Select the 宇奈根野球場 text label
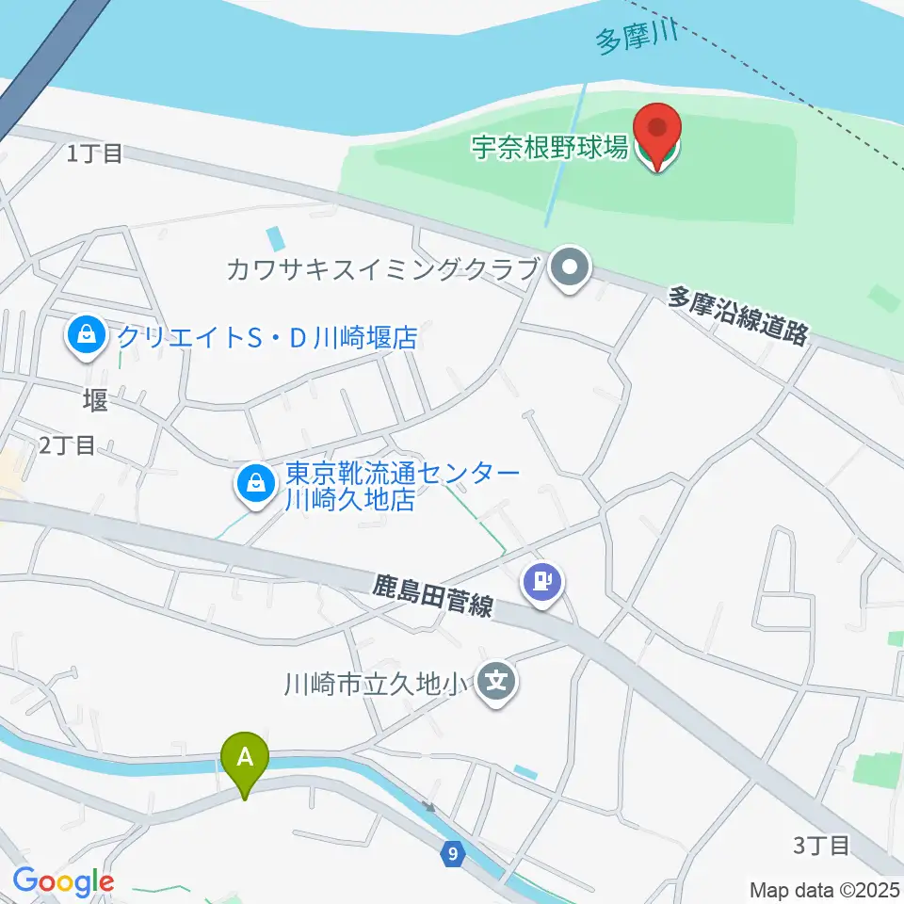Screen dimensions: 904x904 [550, 148]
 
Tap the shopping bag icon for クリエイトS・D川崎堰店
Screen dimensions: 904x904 [87, 336]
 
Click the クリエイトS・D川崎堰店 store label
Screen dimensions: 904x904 [266, 337]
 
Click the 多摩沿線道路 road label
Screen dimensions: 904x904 [738, 316]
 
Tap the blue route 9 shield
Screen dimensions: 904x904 [454, 854]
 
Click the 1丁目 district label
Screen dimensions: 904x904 [95, 153]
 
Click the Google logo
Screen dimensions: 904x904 [63, 880]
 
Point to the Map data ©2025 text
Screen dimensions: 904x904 [825, 889]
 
